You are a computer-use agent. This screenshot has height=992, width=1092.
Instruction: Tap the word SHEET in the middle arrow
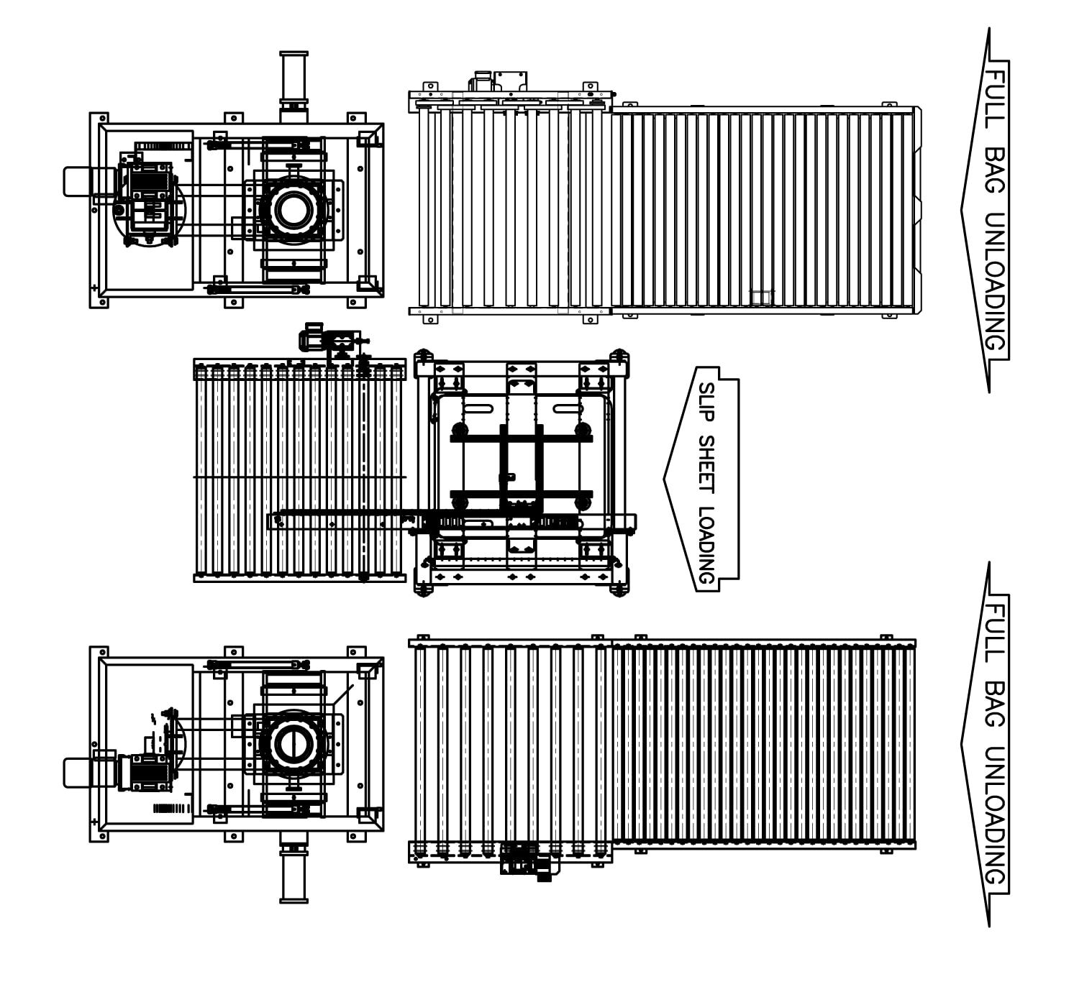pyautogui.click(x=706, y=464)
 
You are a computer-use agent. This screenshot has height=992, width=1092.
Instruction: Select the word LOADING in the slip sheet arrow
pyautogui.click(x=706, y=545)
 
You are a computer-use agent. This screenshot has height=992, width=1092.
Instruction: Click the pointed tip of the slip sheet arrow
pyautogui.click(x=663, y=479)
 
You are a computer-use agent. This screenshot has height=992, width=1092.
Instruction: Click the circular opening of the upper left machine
pyautogui.click(x=294, y=210)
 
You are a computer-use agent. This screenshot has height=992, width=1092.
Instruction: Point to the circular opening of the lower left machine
pyautogui.click(x=294, y=744)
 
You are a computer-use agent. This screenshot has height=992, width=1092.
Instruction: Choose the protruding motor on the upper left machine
pyautogui.click(x=90, y=182)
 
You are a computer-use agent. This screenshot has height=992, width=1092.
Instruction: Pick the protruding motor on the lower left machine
pyautogui.click(x=90, y=773)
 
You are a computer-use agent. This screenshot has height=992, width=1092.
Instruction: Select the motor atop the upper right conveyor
pyautogui.click(x=498, y=81)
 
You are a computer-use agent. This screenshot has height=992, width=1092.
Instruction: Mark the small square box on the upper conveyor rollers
pyautogui.click(x=762, y=297)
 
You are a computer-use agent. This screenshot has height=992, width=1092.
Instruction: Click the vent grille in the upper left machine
pyautogui.click(x=163, y=146)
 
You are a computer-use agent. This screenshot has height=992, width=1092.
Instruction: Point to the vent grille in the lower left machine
pyautogui.click(x=172, y=809)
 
